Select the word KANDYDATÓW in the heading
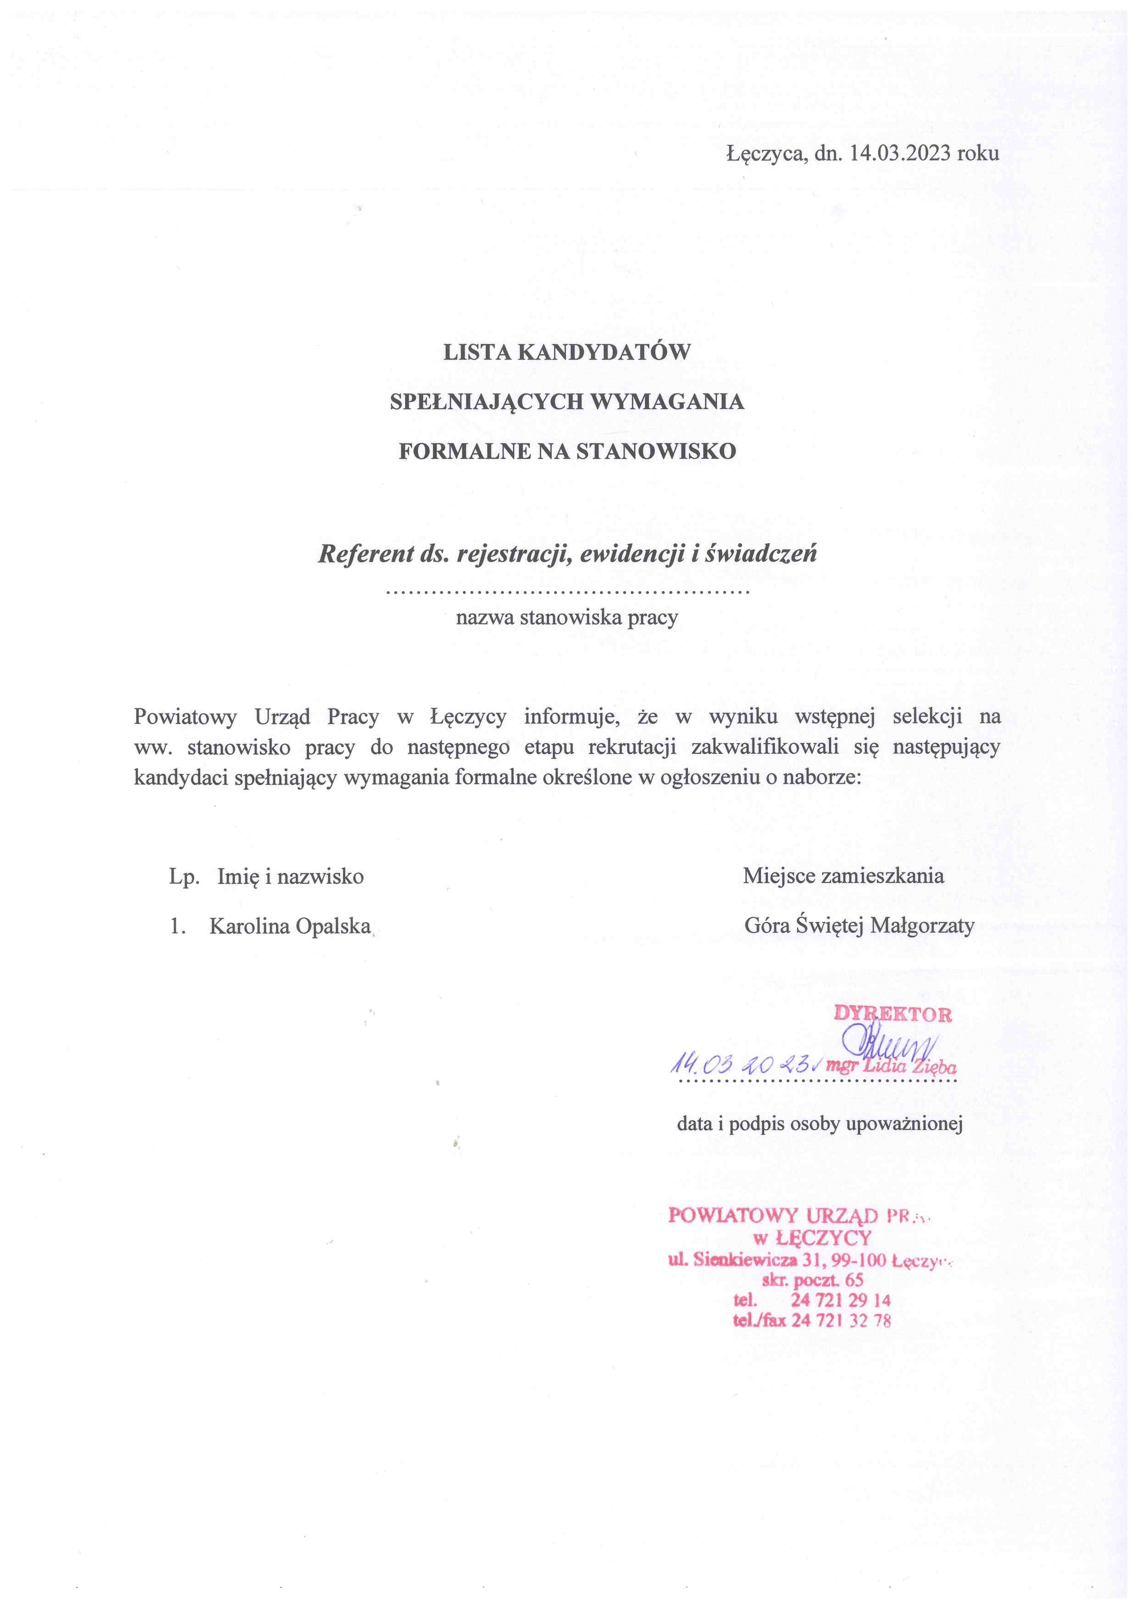pos(603,352)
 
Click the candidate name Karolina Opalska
pos(290,926)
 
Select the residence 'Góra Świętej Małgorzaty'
pos(859,926)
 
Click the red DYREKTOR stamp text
pos(893,1014)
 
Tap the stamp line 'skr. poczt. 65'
pos(812,1281)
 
